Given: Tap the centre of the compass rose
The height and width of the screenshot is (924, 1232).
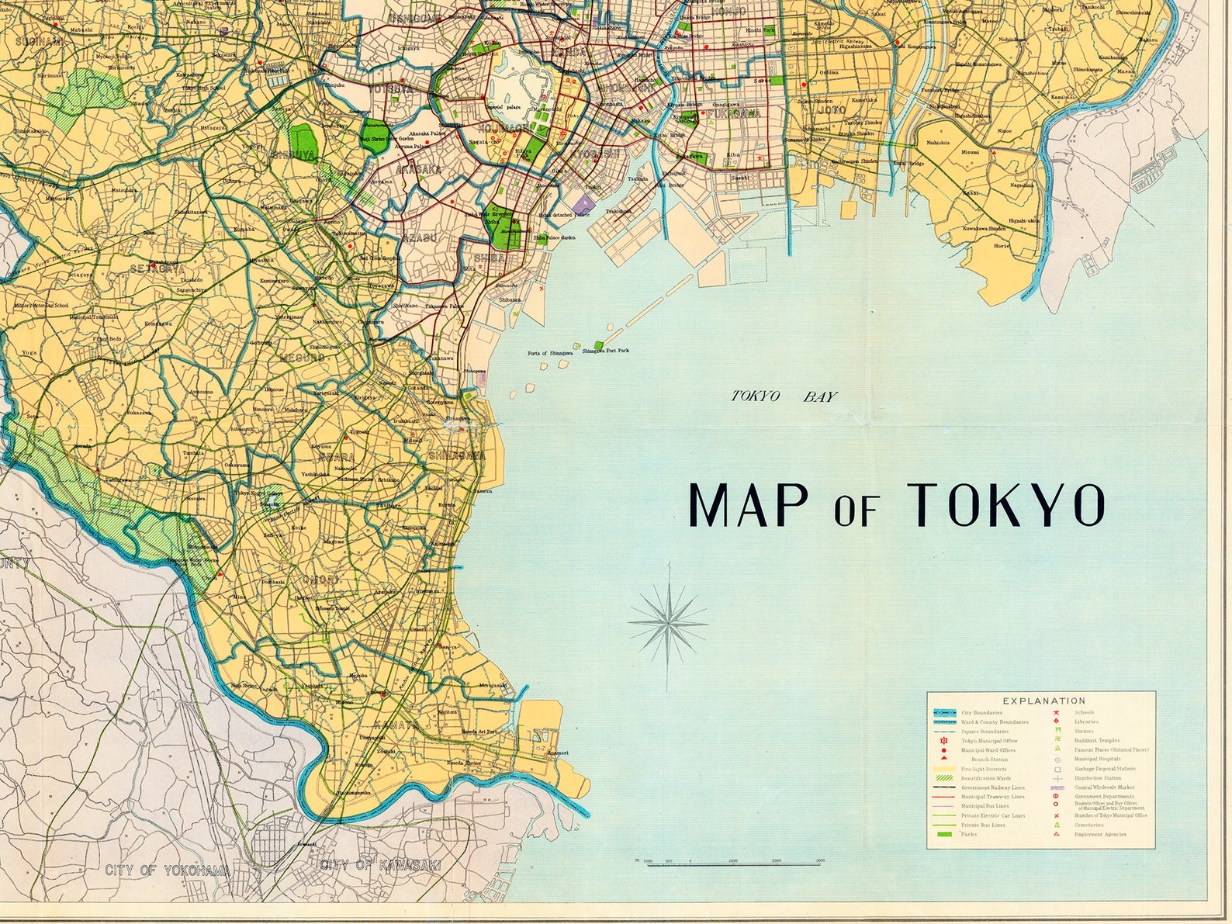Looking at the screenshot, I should (x=668, y=621).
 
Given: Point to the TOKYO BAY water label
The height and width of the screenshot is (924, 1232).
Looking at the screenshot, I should (x=785, y=396).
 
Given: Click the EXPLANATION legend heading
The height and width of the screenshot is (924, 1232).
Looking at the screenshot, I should (x=1043, y=700).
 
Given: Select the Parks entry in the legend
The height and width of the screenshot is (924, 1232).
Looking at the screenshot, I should (x=969, y=834).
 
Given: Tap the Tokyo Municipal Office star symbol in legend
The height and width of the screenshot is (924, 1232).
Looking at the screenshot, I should (x=943, y=741).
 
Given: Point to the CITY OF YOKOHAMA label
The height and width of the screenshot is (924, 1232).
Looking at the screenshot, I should (x=168, y=870).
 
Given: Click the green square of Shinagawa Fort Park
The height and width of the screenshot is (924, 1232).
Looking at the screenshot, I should (x=598, y=344).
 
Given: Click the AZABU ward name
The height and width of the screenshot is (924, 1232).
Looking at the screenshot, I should (x=420, y=237).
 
